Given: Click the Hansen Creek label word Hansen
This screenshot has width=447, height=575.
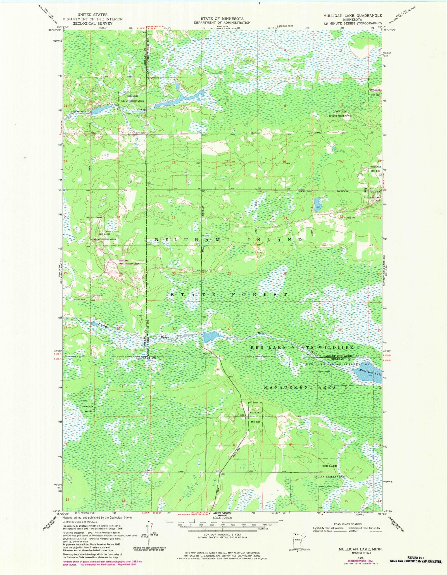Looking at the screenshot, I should tap(112, 104).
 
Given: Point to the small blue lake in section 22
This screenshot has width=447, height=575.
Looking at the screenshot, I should tap(318, 201).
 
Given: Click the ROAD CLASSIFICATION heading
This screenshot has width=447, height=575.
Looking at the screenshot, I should tap(348, 524).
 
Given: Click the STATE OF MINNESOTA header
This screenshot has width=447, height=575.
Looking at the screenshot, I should tap(222, 19).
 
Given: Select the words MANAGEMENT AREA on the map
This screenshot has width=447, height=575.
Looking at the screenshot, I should tap(300, 388).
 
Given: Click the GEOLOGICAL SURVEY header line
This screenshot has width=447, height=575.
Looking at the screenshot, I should tap(92, 23).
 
